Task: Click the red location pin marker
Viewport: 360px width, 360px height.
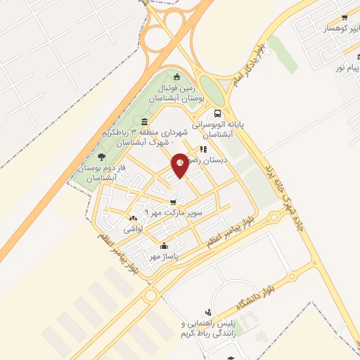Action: coord(181,165)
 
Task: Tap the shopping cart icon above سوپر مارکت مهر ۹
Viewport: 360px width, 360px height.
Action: coord(173,202)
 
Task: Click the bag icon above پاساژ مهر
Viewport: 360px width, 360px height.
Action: coord(164,246)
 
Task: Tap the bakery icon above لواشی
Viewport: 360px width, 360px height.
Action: coord(134,219)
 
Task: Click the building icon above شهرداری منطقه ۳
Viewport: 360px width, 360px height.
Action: coord(144,121)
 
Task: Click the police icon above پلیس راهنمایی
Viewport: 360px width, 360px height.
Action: coord(207,312)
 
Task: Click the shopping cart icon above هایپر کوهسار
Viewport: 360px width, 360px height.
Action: coord(344,18)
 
